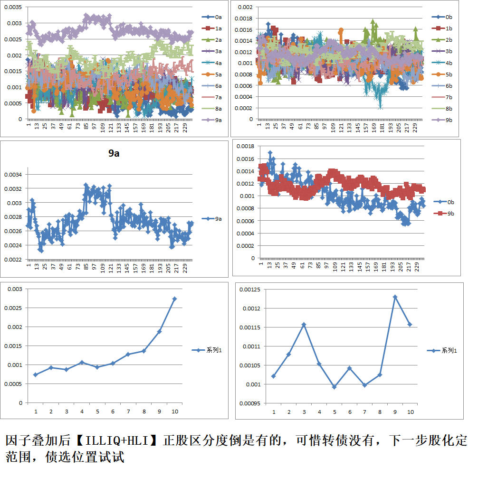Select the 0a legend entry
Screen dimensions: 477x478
tap(214, 17)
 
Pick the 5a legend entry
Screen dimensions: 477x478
tap(214, 75)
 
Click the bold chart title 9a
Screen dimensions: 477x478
tap(114, 153)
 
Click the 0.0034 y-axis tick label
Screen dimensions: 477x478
tap(13, 175)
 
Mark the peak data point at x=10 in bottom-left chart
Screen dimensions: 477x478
tap(174, 299)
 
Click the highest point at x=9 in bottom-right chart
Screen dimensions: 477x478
tap(395, 297)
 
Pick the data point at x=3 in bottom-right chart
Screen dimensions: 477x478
tap(304, 325)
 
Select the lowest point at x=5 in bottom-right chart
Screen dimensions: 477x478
tap(334, 387)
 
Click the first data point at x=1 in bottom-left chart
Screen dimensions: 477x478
tap(36, 374)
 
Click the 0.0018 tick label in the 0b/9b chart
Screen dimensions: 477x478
tap(246, 146)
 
